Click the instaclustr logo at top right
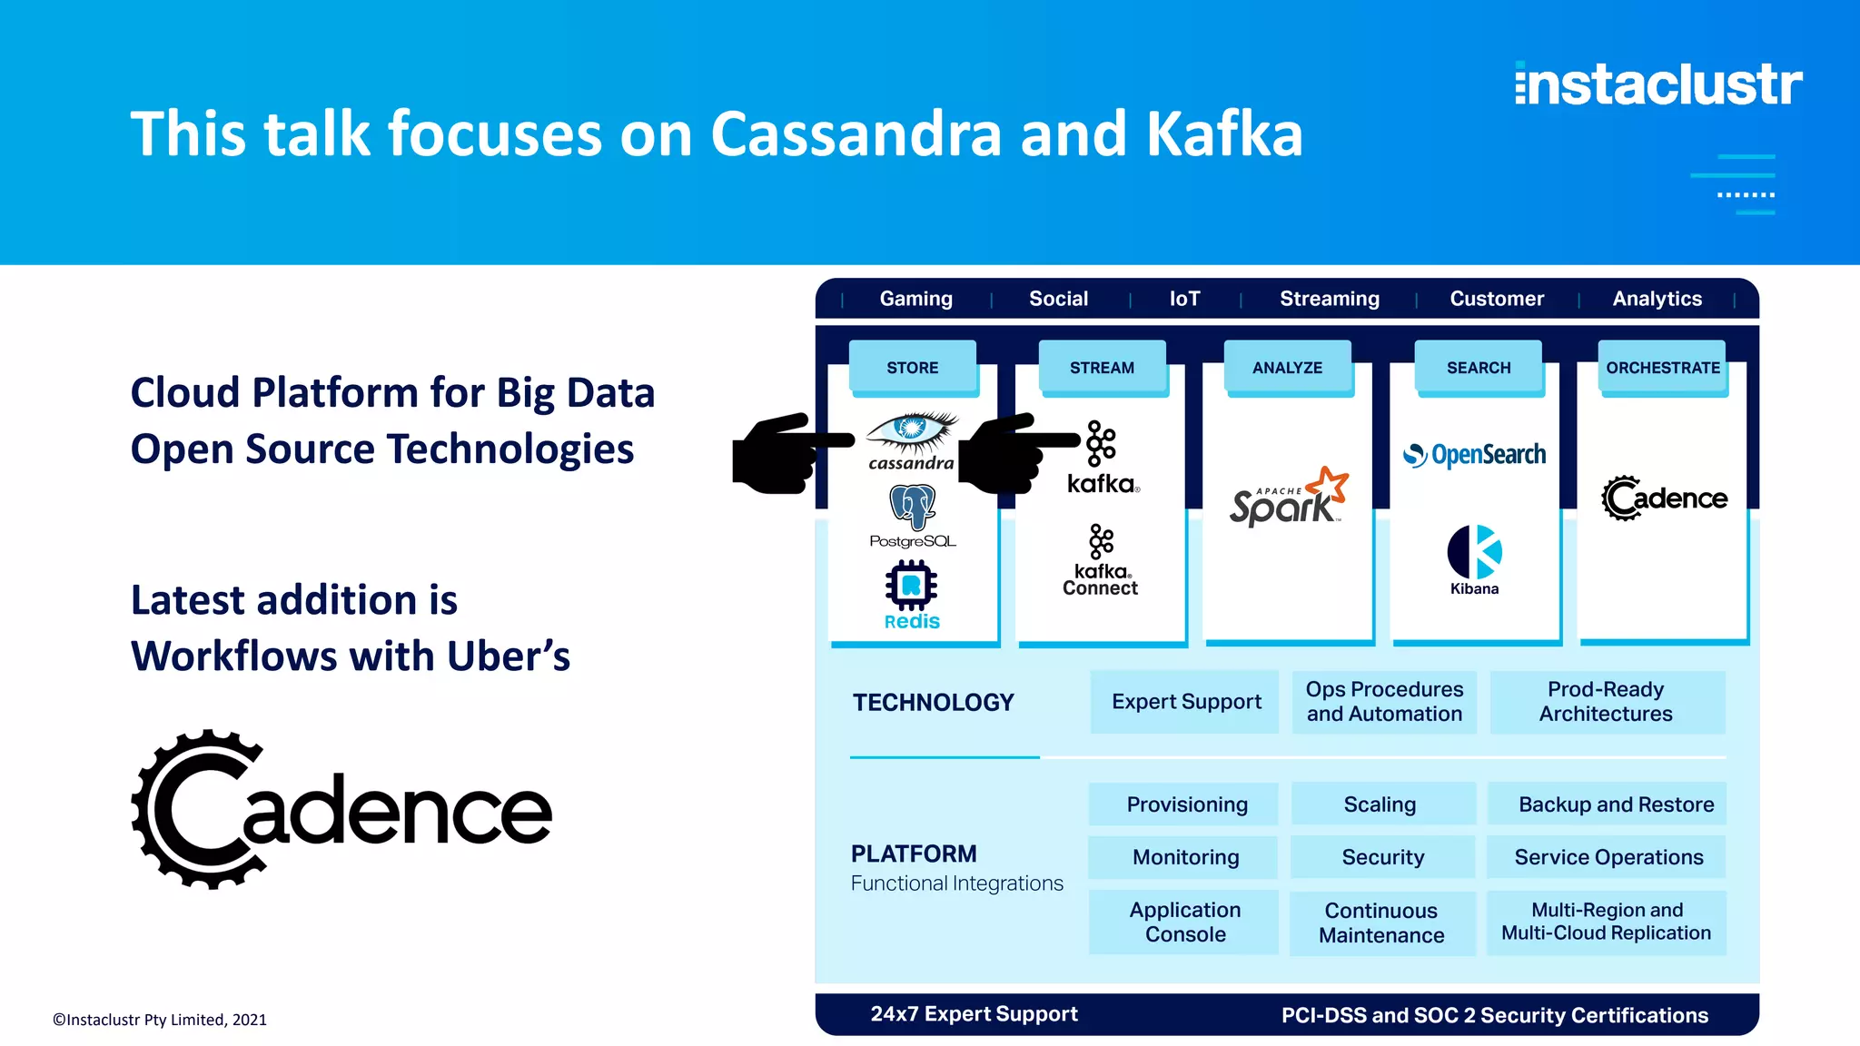pos(1658,84)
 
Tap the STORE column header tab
pos(913,368)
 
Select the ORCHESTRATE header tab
pos(1662,368)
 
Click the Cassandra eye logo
pos(911,431)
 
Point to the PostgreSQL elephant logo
pos(913,506)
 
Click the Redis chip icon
pos(911,586)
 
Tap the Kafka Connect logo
pos(1101,561)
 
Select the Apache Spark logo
pos(1288,498)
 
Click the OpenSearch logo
pos(1475,454)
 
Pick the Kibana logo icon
pos(1474,552)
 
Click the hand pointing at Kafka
pos(1013,453)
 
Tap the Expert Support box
pos(1185,702)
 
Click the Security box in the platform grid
pos(1382,857)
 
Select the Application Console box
pos(1184,922)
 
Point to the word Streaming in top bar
pos(1329,299)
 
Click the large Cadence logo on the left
pos(341,809)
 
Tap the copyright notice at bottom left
pos(160,1020)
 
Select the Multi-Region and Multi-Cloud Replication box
pos(1606,922)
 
